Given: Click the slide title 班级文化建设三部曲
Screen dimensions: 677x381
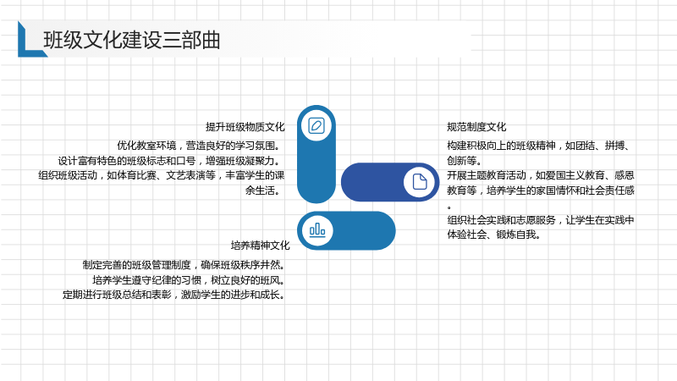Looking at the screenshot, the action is pyautogui.click(x=132, y=40).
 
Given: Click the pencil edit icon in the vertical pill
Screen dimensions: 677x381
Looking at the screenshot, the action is pyautogui.click(x=316, y=125).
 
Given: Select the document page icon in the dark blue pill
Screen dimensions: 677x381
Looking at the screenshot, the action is pyautogui.click(x=419, y=182).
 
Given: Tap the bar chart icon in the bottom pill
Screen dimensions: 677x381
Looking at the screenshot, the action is pyautogui.click(x=317, y=229).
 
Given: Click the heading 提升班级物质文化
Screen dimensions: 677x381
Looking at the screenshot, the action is pyautogui.click(x=245, y=127).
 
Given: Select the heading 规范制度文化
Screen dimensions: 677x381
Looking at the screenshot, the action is pyautogui.click(x=476, y=127).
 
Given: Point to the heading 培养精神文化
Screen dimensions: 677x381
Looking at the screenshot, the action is pyautogui.click(x=261, y=246).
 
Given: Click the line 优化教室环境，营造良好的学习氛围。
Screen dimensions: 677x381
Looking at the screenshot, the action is pyautogui.click(x=201, y=146).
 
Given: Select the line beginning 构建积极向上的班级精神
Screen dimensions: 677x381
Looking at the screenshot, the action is pyautogui.click(x=540, y=146).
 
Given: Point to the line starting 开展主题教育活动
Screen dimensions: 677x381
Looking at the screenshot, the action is pyautogui.click(x=541, y=175).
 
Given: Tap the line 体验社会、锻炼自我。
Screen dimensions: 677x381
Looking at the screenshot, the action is pyautogui.click(x=494, y=235).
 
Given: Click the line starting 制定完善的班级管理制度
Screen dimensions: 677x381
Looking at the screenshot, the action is pyautogui.click(x=184, y=265).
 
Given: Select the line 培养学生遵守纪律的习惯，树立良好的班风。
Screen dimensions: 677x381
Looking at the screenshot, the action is pyautogui.click(x=189, y=280).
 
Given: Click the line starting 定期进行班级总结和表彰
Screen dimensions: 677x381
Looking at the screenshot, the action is pyautogui.click(x=173, y=295).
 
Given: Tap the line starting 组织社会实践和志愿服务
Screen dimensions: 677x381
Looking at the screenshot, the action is pyautogui.click(x=541, y=220).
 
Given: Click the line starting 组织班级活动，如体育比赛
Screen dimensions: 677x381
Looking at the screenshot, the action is pyautogui.click(x=162, y=175).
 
